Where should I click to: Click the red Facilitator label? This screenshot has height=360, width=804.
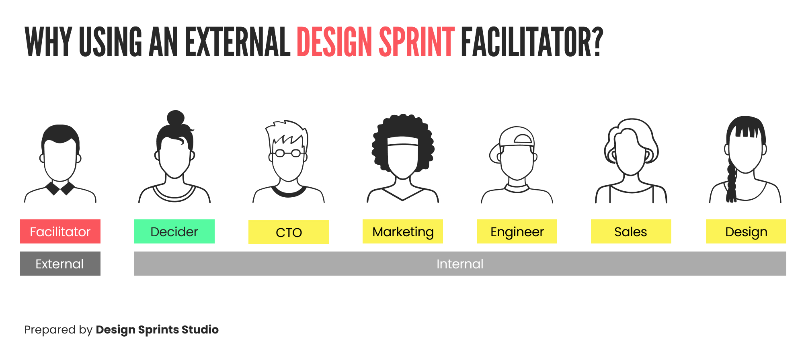click(x=60, y=231)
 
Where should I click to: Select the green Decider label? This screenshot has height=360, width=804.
click(x=174, y=231)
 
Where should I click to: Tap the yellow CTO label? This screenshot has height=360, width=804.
click(x=289, y=232)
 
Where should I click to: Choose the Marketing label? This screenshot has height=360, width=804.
click(x=403, y=231)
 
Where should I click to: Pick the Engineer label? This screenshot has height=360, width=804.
click(x=517, y=231)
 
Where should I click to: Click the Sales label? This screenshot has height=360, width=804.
click(x=631, y=231)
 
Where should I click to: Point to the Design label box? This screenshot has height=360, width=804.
click(x=746, y=231)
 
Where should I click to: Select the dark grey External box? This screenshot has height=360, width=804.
click(x=60, y=264)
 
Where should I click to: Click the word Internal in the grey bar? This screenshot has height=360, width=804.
click(x=460, y=264)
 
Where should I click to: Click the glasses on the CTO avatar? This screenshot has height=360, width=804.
click(x=288, y=153)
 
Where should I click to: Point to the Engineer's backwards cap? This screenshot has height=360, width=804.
click(x=517, y=137)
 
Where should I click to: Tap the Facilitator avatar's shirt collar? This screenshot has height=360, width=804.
click(x=60, y=188)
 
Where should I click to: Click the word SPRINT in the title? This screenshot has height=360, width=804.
click(x=416, y=42)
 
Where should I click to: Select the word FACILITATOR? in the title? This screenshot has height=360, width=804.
click(x=531, y=42)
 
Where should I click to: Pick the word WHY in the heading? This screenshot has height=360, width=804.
click(x=48, y=42)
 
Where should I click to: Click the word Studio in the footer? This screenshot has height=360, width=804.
click(x=200, y=329)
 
